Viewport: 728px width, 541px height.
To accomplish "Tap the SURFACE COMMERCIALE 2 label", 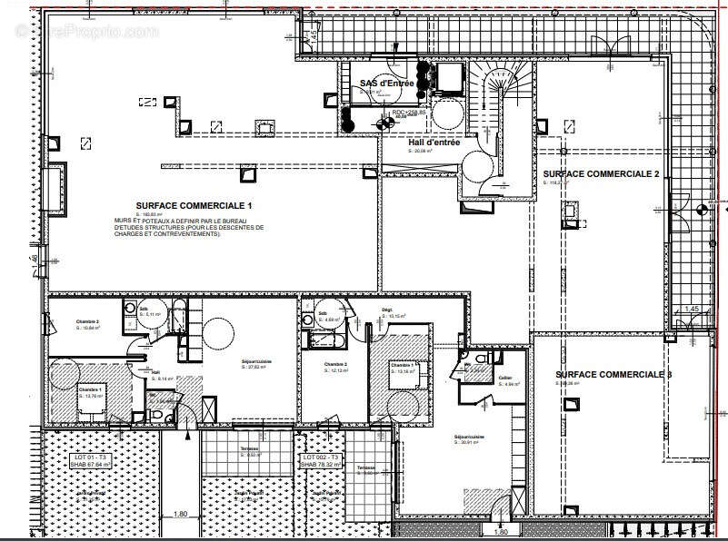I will point(600,173).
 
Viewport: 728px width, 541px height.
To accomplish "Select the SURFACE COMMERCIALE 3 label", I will point(613,374).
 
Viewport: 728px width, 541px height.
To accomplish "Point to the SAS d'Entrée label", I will point(386,84).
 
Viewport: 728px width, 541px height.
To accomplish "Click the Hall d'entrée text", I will point(434,143).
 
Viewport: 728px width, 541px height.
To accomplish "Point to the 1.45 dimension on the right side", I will point(691,310).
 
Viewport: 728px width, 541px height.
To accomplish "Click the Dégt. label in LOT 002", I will point(386,310).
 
